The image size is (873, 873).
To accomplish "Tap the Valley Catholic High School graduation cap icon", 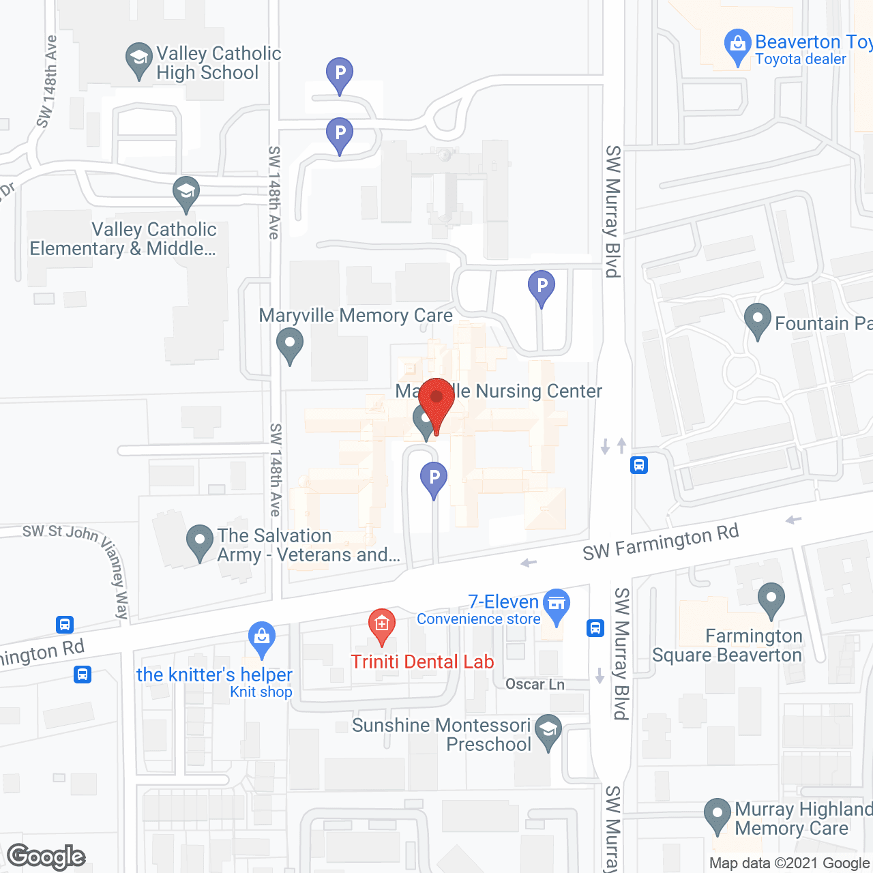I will click(139, 60).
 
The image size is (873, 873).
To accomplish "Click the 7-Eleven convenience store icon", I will click(557, 605).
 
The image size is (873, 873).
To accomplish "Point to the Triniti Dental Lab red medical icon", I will click(382, 625).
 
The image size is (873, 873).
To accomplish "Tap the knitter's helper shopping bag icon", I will click(262, 638).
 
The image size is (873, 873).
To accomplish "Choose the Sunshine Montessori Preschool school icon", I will click(548, 731).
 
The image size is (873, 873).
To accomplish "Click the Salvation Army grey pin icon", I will click(200, 542).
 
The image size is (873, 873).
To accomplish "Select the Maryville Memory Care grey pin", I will click(290, 344).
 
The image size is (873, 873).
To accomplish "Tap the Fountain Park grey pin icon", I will click(757, 320).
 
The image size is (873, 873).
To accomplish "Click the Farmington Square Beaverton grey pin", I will click(771, 600).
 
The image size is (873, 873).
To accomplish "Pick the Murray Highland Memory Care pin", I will click(717, 815).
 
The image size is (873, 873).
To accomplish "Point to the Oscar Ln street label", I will click(535, 684).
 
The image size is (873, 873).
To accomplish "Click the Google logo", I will click(46, 857).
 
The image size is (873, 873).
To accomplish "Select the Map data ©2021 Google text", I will click(789, 863).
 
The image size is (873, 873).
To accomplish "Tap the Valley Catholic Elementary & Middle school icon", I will click(186, 194).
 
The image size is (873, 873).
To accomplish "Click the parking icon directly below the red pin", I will click(434, 479).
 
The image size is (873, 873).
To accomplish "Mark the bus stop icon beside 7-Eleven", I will click(595, 627).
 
